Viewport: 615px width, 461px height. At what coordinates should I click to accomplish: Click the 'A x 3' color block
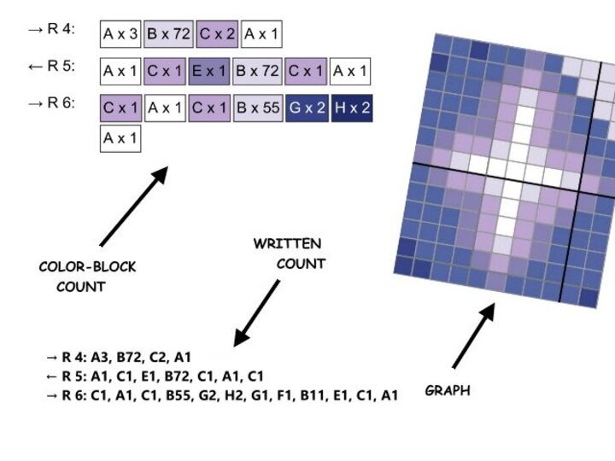tap(120, 34)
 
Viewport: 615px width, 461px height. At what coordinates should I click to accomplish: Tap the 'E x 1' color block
tap(209, 71)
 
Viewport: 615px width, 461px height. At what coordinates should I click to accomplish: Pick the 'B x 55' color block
tap(258, 108)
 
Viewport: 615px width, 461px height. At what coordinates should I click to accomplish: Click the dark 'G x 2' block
tap(306, 108)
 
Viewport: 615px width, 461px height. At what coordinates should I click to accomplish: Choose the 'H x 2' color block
tap(352, 108)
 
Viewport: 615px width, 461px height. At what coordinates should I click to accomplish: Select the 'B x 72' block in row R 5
tap(258, 71)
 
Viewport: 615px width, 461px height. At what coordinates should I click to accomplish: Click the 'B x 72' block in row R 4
tap(168, 34)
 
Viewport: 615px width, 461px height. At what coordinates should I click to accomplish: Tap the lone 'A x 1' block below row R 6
tap(120, 138)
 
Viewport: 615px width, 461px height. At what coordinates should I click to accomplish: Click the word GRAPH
tap(448, 391)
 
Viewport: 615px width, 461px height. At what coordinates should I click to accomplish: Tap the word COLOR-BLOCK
tap(87, 267)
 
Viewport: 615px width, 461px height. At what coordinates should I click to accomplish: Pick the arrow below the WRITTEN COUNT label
tap(256, 312)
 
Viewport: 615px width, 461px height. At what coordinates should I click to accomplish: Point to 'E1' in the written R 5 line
tap(155, 376)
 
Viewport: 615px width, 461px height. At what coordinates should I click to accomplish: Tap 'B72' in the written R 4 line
tap(125, 357)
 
